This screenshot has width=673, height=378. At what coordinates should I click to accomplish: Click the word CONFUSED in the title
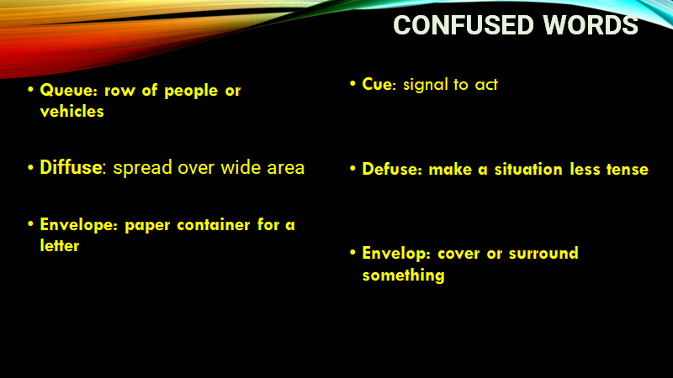click(464, 25)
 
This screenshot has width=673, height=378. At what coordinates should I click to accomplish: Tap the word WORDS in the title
click(591, 25)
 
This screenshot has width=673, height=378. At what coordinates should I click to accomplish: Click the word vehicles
click(72, 112)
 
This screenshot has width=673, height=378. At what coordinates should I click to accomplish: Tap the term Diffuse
click(72, 167)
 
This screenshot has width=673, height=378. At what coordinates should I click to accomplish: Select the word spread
click(142, 168)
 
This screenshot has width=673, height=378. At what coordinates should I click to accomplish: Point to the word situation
click(528, 170)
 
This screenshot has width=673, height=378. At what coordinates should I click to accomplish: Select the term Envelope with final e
click(78, 225)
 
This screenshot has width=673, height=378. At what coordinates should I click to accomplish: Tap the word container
click(214, 225)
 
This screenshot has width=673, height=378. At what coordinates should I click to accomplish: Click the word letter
click(60, 246)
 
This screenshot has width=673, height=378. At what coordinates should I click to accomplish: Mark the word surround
click(543, 254)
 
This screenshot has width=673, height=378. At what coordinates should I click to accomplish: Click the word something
click(404, 276)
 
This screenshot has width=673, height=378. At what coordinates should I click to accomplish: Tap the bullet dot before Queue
click(30, 90)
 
